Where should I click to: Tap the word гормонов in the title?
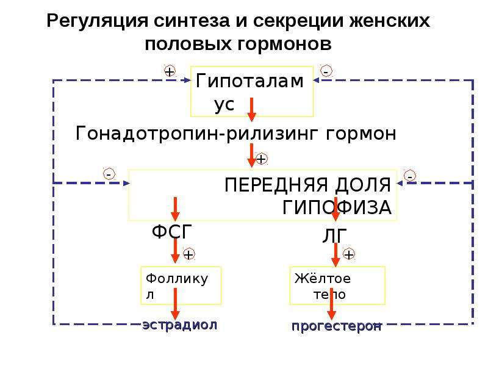[284, 44]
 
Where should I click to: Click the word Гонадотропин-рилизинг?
[197, 134]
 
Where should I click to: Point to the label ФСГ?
[172, 232]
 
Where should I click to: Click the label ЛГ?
[334, 235]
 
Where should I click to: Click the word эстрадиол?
[180, 325]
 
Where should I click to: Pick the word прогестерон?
[337, 326]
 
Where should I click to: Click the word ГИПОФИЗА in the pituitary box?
[337, 207]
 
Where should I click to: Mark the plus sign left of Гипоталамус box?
[170, 71]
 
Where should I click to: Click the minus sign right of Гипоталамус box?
[326, 71]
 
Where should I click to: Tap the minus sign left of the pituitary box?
[109, 174]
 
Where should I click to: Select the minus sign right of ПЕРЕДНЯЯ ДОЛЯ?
[410, 176]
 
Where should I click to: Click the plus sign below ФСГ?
[189, 254]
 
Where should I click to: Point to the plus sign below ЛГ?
[349, 254]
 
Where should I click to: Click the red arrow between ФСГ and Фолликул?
[175, 250]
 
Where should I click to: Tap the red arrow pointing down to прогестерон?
[331, 304]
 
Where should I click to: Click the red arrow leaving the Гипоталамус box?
[252, 110]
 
